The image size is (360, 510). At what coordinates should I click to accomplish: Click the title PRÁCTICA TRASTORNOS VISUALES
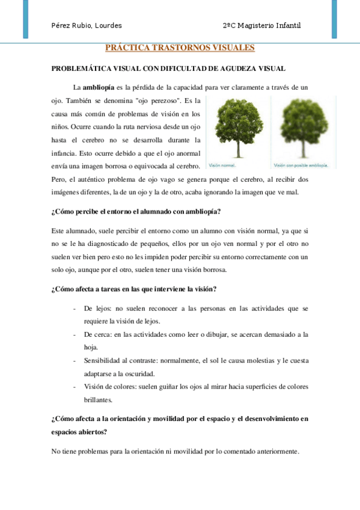click(180, 48)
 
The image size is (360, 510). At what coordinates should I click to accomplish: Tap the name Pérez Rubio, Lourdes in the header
click(87, 25)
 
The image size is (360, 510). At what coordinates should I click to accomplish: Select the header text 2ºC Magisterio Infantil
click(261, 25)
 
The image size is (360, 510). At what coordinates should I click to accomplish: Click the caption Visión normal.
click(222, 164)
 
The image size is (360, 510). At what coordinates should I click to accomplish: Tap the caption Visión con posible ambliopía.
click(301, 164)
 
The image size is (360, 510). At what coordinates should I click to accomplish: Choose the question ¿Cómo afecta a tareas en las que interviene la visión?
click(134, 289)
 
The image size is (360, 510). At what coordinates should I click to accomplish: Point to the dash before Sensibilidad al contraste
click(73, 361)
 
